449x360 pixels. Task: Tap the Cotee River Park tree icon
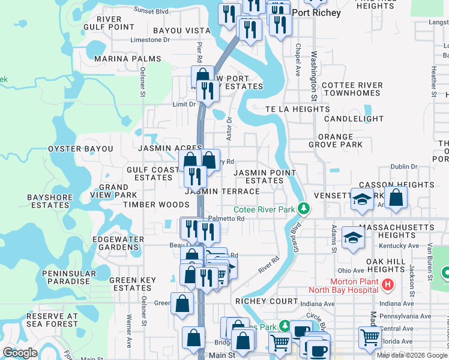[x=304, y=209]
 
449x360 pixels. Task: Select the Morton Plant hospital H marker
[x=388, y=283]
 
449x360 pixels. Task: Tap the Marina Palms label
[x=127, y=59]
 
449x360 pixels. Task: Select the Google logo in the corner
[x=20, y=353]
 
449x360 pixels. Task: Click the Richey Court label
[x=267, y=301]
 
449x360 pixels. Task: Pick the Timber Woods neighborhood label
[x=148, y=205]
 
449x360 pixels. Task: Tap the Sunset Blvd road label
[x=151, y=10]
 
